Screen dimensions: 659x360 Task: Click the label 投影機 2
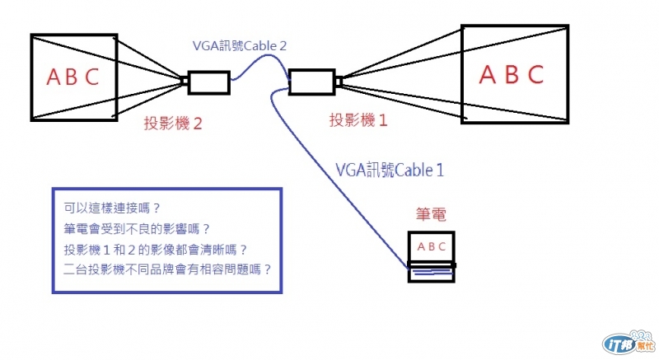(173, 123)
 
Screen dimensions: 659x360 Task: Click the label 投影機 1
(358, 120)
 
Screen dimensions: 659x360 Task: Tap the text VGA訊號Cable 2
(240, 45)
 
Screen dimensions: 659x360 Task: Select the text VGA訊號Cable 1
(390, 170)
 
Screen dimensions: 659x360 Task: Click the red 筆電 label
(431, 214)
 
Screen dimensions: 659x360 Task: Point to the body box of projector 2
(209, 82)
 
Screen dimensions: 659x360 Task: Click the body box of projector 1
(312, 82)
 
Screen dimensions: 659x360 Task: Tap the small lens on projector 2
(184, 80)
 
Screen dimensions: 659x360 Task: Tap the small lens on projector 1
(339, 81)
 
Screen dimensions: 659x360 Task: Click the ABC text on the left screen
(72, 77)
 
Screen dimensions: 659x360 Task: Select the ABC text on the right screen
(512, 74)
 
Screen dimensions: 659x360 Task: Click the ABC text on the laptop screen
(431, 246)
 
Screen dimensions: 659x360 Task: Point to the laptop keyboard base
(431, 273)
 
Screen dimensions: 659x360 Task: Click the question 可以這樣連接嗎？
(112, 208)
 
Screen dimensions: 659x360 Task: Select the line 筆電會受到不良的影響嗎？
(137, 228)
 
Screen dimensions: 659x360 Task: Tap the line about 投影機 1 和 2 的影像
(156, 250)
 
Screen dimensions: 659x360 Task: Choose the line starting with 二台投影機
(168, 269)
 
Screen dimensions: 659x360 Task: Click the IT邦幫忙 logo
(629, 343)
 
